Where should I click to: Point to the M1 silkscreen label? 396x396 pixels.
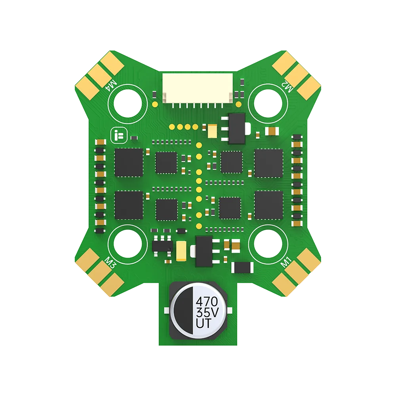pyautogui.click(x=286, y=261)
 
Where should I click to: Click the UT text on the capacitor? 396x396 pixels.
pyautogui.click(x=204, y=324)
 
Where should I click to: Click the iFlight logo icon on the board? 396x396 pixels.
pyautogui.click(x=117, y=135)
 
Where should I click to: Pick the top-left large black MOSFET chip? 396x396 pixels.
pyautogui.click(x=129, y=163)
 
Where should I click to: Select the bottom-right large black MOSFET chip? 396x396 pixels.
pyautogui.click(x=269, y=205)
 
